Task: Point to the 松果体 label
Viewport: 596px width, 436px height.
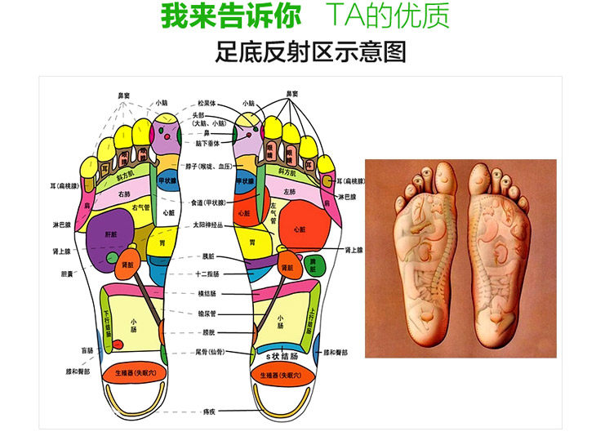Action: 207,104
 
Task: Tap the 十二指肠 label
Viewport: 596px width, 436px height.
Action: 207,274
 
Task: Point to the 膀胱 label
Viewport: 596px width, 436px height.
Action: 207,333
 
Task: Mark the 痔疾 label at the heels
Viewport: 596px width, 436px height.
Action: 209,412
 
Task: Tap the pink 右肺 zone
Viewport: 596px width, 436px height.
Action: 124,194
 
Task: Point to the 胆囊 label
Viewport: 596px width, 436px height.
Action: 66,274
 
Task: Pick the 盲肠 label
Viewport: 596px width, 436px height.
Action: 87,350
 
